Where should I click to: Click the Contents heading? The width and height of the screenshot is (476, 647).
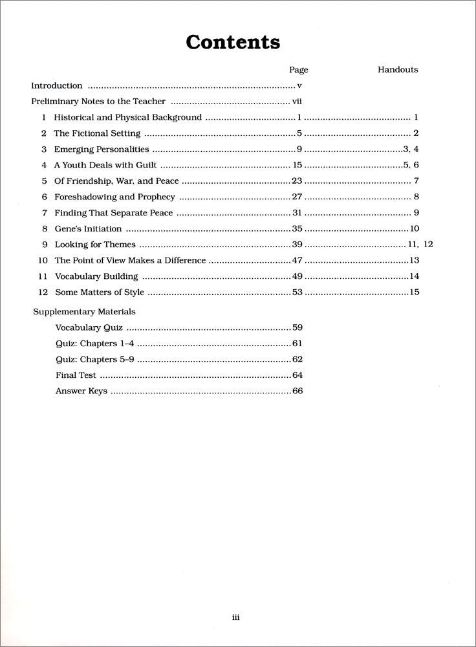[x=233, y=43]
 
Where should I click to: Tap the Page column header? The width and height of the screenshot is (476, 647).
[x=298, y=70]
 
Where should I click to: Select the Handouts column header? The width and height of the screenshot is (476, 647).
[x=398, y=70]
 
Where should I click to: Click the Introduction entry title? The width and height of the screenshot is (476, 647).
[x=57, y=85]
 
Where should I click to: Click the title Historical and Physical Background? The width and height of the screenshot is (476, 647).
[x=127, y=118]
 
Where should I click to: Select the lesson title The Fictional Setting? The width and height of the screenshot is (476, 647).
[x=97, y=133]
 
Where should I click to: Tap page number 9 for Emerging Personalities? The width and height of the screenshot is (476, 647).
[x=299, y=149]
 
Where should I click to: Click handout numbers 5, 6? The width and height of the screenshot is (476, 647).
[x=411, y=165]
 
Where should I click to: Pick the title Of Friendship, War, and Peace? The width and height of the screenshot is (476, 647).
[x=116, y=181]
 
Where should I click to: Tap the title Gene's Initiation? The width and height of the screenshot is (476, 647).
[x=88, y=228]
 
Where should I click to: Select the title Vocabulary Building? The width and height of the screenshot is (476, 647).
[x=96, y=276]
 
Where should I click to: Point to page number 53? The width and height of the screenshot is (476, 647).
[x=297, y=292]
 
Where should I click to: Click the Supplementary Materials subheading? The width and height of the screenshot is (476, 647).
[x=84, y=311]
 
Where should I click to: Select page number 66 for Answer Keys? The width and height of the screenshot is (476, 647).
[x=297, y=391]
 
